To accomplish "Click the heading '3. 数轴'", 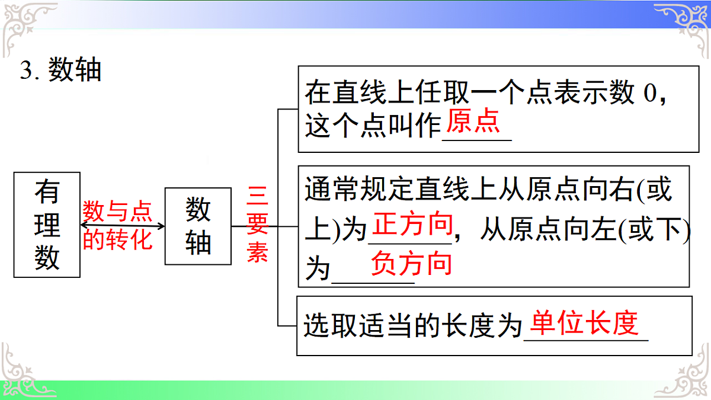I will (x=61, y=71).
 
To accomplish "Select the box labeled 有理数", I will (x=47, y=225).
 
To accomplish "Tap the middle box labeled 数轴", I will (x=197, y=226).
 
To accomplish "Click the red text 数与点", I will (x=117, y=211).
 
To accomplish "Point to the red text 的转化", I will (x=117, y=239).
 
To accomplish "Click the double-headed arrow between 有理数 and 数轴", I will (x=122, y=226).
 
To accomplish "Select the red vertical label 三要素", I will (x=258, y=226).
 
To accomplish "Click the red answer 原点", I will (x=472, y=122).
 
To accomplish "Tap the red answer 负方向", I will (x=411, y=264).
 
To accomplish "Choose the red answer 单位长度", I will (x=584, y=323).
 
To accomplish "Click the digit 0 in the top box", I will (x=650, y=94).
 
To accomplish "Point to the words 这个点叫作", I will (x=373, y=127).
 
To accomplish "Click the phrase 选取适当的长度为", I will (x=412, y=326).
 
